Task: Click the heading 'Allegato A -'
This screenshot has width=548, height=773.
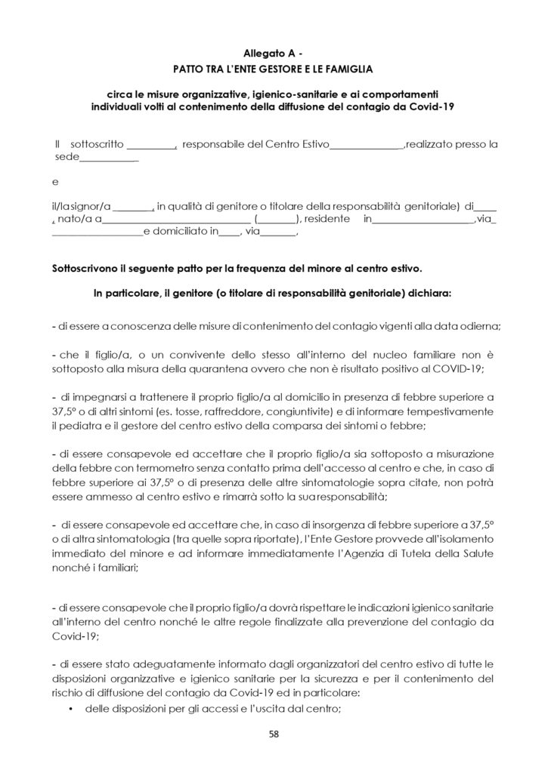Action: click(274, 52)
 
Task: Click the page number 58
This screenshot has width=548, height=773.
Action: click(274, 731)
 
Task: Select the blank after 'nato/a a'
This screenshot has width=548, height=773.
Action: click(175, 220)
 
